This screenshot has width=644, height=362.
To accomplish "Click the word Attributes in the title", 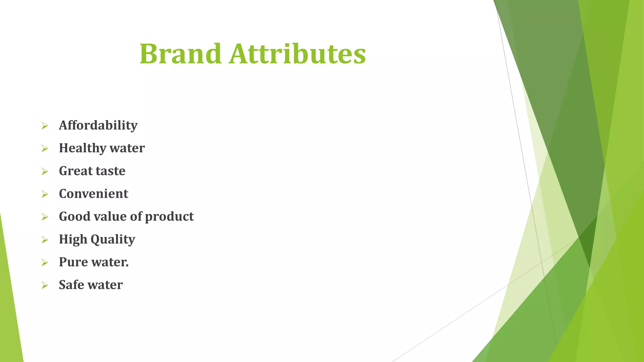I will (297, 54).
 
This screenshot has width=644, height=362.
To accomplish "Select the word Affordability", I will (98, 126).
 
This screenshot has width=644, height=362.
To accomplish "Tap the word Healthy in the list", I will (82, 148).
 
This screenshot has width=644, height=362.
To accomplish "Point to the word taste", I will (110, 171).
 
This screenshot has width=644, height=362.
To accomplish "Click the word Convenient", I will (93, 194).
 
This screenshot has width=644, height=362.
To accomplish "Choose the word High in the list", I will (73, 239).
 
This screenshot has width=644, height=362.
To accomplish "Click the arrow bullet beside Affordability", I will (45, 126).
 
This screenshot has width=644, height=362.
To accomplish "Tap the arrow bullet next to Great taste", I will (45, 172).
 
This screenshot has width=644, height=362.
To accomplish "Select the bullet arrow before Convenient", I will (45, 194).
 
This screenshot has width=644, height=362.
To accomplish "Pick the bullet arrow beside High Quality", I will (45, 240).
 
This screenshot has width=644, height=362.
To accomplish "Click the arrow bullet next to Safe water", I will (45, 285).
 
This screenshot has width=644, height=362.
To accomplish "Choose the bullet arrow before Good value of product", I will (45, 217).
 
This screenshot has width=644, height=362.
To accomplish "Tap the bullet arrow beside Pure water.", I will (45, 263).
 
